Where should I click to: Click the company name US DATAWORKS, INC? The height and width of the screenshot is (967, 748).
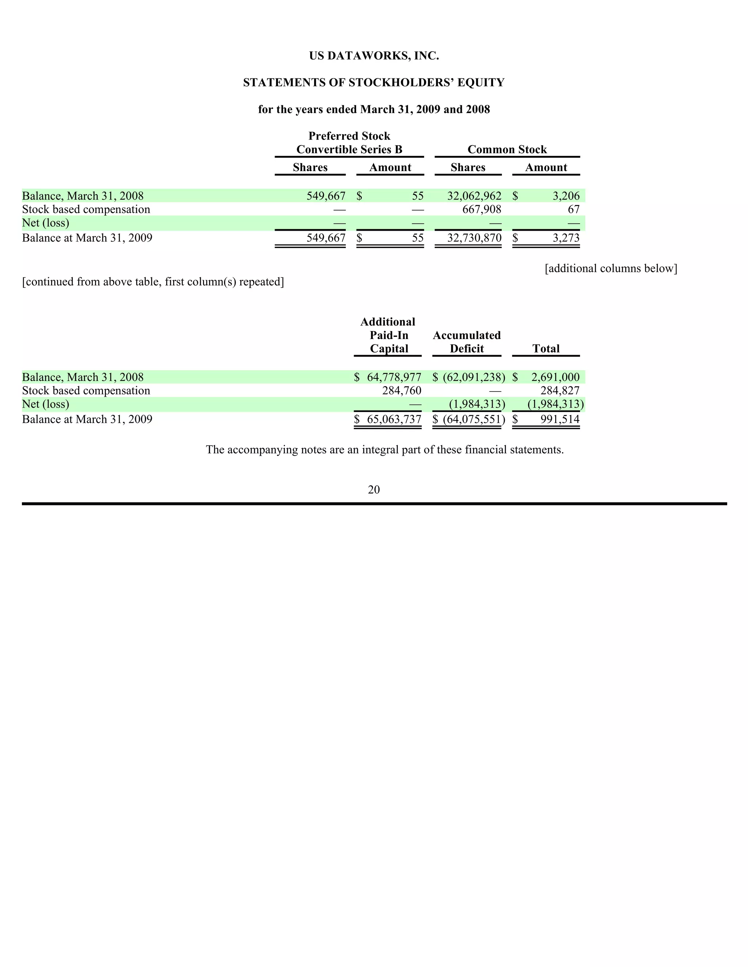pyautogui.click(x=374, y=56)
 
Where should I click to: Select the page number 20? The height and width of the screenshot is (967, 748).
pyautogui.click(x=374, y=489)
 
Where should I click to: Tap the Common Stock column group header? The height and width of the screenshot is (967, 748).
pyautogui.click(x=507, y=150)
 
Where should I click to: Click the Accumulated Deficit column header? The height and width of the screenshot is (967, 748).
pyautogui.click(x=467, y=342)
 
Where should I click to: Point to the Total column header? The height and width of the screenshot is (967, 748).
pyautogui.click(x=546, y=348)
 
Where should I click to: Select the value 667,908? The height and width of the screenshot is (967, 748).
pyautogui.click(x=482, y=209)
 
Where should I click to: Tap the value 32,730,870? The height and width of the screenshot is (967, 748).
pyautogui.click(x=474, y=238)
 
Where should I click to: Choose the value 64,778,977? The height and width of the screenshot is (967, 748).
pyautogui.click(x=393, y=377)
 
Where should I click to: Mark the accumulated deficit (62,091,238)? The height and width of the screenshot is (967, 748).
pyautogui.click(x=474, y=377)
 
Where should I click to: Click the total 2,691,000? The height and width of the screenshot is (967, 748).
pyautogui.click(x=555, y=377)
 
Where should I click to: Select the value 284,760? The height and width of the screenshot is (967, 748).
pyautogui.click(x=401, y=390)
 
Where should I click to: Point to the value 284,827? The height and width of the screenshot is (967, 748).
pyautogui.click(x=560, y=390)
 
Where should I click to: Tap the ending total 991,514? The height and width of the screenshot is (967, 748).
pyautogui.click(x=560, y=419)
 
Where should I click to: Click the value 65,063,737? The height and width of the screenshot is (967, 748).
pyautogui.click(x=393, y=419)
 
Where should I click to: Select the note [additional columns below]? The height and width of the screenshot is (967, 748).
pyautogui.click(x=611, y=268)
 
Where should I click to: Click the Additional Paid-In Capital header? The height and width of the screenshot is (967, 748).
pyautogui.click(x=388, y=335)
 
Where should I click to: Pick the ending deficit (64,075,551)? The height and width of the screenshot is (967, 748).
pyautogui.click(x=474, y=419)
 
